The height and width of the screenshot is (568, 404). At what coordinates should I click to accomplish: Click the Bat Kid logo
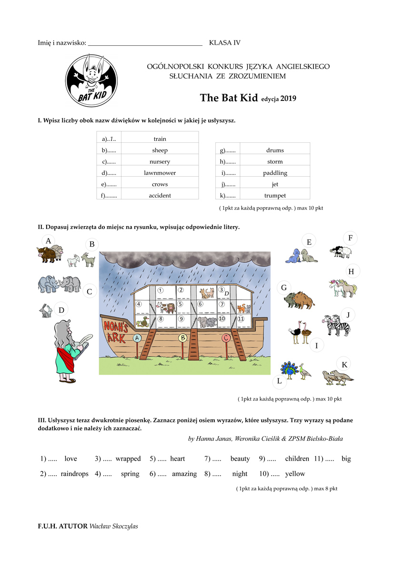pos(91,80)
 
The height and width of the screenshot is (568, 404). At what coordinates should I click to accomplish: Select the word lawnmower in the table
pos(160,173)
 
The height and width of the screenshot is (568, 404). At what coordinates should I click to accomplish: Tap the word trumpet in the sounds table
pos(275,196)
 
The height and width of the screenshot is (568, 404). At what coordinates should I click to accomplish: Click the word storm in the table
pos(275,161)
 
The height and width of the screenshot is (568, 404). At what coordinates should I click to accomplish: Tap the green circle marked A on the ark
pos(137,338)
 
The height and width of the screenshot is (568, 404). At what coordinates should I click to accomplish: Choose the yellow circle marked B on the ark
pos(182,338)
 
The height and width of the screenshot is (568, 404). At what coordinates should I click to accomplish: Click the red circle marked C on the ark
pos(227,338)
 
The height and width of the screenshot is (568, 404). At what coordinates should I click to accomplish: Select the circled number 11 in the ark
pos(241,319)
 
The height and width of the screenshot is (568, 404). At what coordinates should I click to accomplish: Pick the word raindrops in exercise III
pos(74,474)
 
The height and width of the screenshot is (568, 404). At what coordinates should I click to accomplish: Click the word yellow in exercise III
pos(295,474)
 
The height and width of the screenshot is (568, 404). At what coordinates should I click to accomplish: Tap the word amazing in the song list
pos(184,474)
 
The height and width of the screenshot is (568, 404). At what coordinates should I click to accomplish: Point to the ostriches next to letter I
pos(301,333)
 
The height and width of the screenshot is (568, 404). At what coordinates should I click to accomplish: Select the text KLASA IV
pos(225,43)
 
